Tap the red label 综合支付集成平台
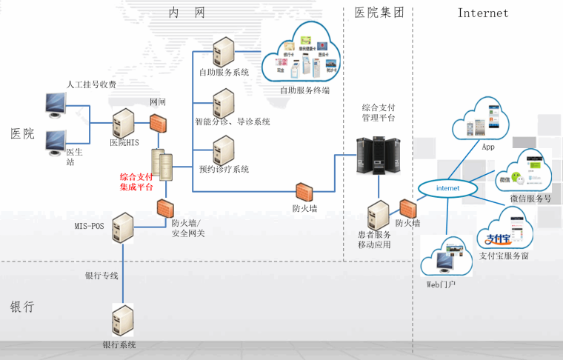coord(136,182)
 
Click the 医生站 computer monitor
coord(57,143)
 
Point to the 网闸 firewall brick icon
coord(158,122)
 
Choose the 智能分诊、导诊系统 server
coord(223,102)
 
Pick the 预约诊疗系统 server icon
coord(223,150)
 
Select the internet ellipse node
coord(447,188)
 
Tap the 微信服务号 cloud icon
coord(522,173)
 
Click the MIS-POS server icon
coord(123,228)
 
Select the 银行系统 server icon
coord(123,320)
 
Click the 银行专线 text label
coord(101,276)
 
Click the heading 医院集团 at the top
coord(379,13)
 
